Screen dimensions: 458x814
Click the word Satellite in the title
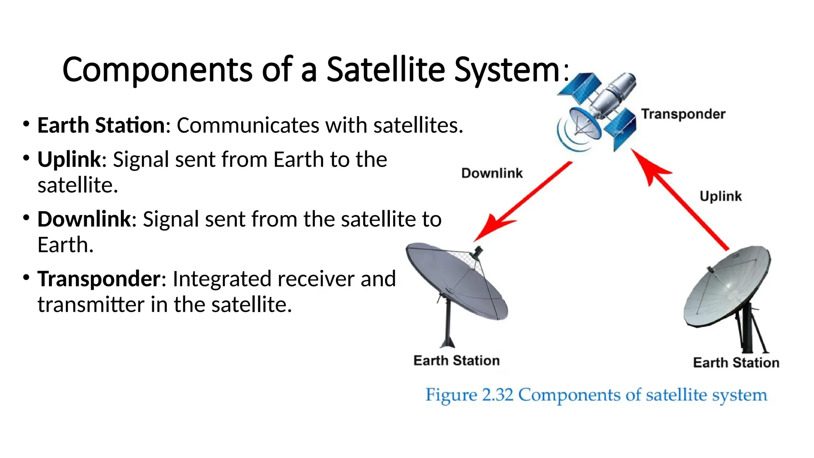coord(385,70)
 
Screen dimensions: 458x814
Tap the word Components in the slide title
coord(157,70)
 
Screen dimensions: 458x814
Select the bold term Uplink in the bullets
coord(69,160)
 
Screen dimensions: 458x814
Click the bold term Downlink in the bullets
coord(84,219)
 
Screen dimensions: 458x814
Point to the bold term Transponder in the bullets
coord(99,279)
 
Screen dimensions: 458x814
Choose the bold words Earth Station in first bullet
coord(101,126)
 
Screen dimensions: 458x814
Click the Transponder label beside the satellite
coord(683,114)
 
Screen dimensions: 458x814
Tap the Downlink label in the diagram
coord(492,173)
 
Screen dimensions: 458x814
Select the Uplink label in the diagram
coord(720,196)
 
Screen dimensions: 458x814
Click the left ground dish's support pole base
coord(448,342)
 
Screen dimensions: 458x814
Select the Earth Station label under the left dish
coord(456,361)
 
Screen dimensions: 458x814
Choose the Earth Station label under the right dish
coord(736,363)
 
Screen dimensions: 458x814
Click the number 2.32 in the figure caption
coord(497,395)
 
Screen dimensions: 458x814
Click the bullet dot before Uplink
coord(26,158)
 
